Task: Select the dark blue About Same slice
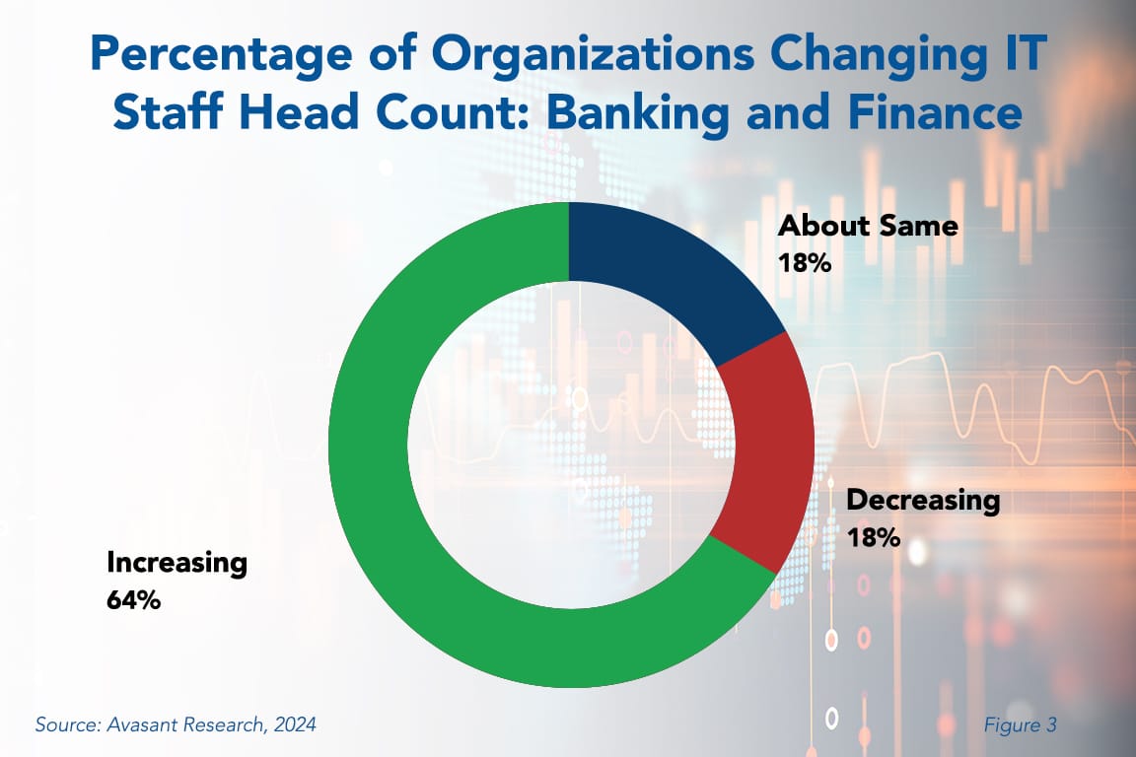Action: click(671, 266)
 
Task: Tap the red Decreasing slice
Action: click(764, 453)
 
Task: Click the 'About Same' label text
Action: click(868, 226)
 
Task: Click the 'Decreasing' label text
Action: click(923, 500)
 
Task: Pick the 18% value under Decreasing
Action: click(874, 538)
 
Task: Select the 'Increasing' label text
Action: click(177, 563)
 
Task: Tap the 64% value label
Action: click(133, 600)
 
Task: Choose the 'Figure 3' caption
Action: click(1020, 725)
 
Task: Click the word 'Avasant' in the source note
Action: click(145, 725)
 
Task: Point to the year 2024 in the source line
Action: click(294, 725)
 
